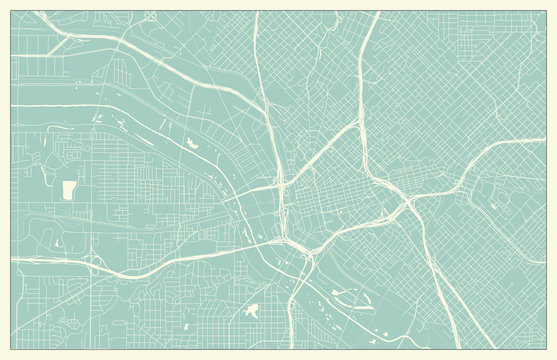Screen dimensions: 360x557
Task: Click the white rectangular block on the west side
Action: click(x=69, y=189)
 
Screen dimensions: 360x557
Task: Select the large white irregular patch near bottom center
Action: click(x=252, y=312)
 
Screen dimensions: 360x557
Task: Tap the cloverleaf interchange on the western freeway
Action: click(x=94, y=261)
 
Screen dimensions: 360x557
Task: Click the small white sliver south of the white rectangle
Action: click(x=57, y=243)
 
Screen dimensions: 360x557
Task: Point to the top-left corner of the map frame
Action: click(x=11, y=11)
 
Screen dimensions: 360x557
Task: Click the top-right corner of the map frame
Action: click(x=546, y=11)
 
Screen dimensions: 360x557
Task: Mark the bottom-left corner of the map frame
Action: click(x=11, y=349)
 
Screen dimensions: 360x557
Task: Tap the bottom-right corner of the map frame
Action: click(x=546, y=349)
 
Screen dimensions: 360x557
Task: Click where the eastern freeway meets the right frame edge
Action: click(x=545, y=140)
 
